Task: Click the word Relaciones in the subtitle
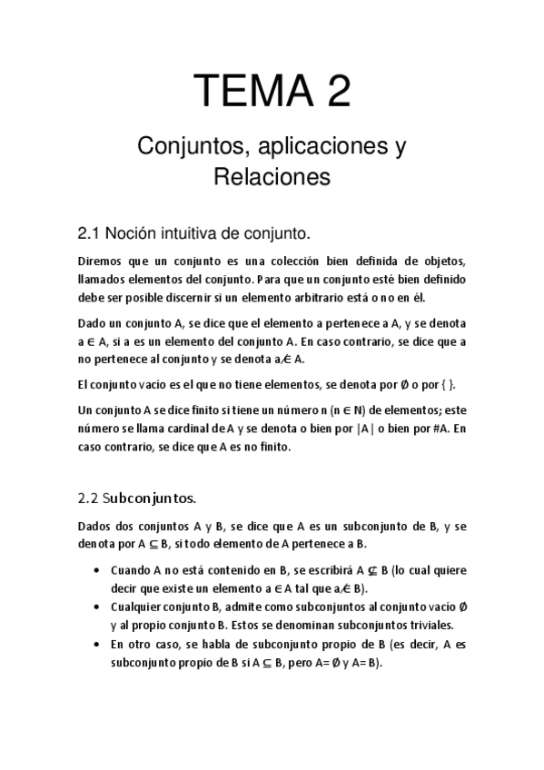pos(272,176)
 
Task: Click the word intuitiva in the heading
pos(185,233)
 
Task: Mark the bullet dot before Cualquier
pos(97,607)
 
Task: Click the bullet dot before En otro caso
pos(97,644)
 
